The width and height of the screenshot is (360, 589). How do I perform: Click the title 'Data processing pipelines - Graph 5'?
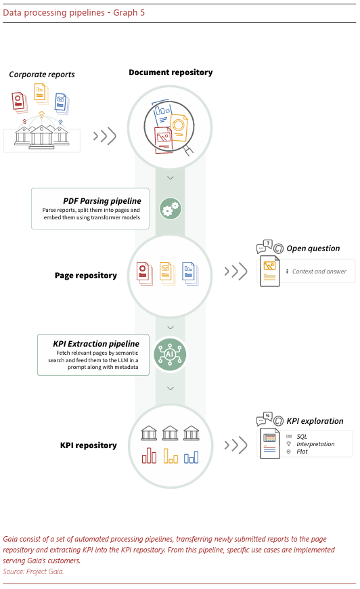pos(74,12)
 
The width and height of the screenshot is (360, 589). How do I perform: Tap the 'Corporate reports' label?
pos(42,74)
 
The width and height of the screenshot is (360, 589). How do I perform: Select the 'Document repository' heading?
pos(171,72)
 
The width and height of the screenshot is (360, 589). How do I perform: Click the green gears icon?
pos(171,209)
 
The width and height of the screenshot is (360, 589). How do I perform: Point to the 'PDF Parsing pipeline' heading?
pos(102,201)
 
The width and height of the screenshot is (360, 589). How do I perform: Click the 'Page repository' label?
pos(85,276)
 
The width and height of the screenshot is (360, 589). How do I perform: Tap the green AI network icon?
pos(170,355)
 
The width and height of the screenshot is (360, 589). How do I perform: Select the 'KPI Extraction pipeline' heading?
pos(96,344)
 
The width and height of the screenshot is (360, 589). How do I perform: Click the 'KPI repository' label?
pos(88,445)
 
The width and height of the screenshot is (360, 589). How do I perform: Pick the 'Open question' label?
pos(313,248)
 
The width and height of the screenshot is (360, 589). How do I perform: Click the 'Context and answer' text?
pos(319,271)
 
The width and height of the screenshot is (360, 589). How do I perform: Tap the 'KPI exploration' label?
pos(315,421)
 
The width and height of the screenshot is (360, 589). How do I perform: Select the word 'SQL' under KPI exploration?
pos(302,437)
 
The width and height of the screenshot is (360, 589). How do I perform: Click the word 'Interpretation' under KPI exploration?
pos(315,444)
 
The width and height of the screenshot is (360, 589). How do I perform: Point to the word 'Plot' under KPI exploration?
pos(302,452)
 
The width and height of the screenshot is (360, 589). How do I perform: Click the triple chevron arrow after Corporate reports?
pos(105,136)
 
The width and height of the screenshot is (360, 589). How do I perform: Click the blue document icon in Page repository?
pos(190,273)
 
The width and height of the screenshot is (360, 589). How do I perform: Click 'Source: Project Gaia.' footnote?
pos(33,571)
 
